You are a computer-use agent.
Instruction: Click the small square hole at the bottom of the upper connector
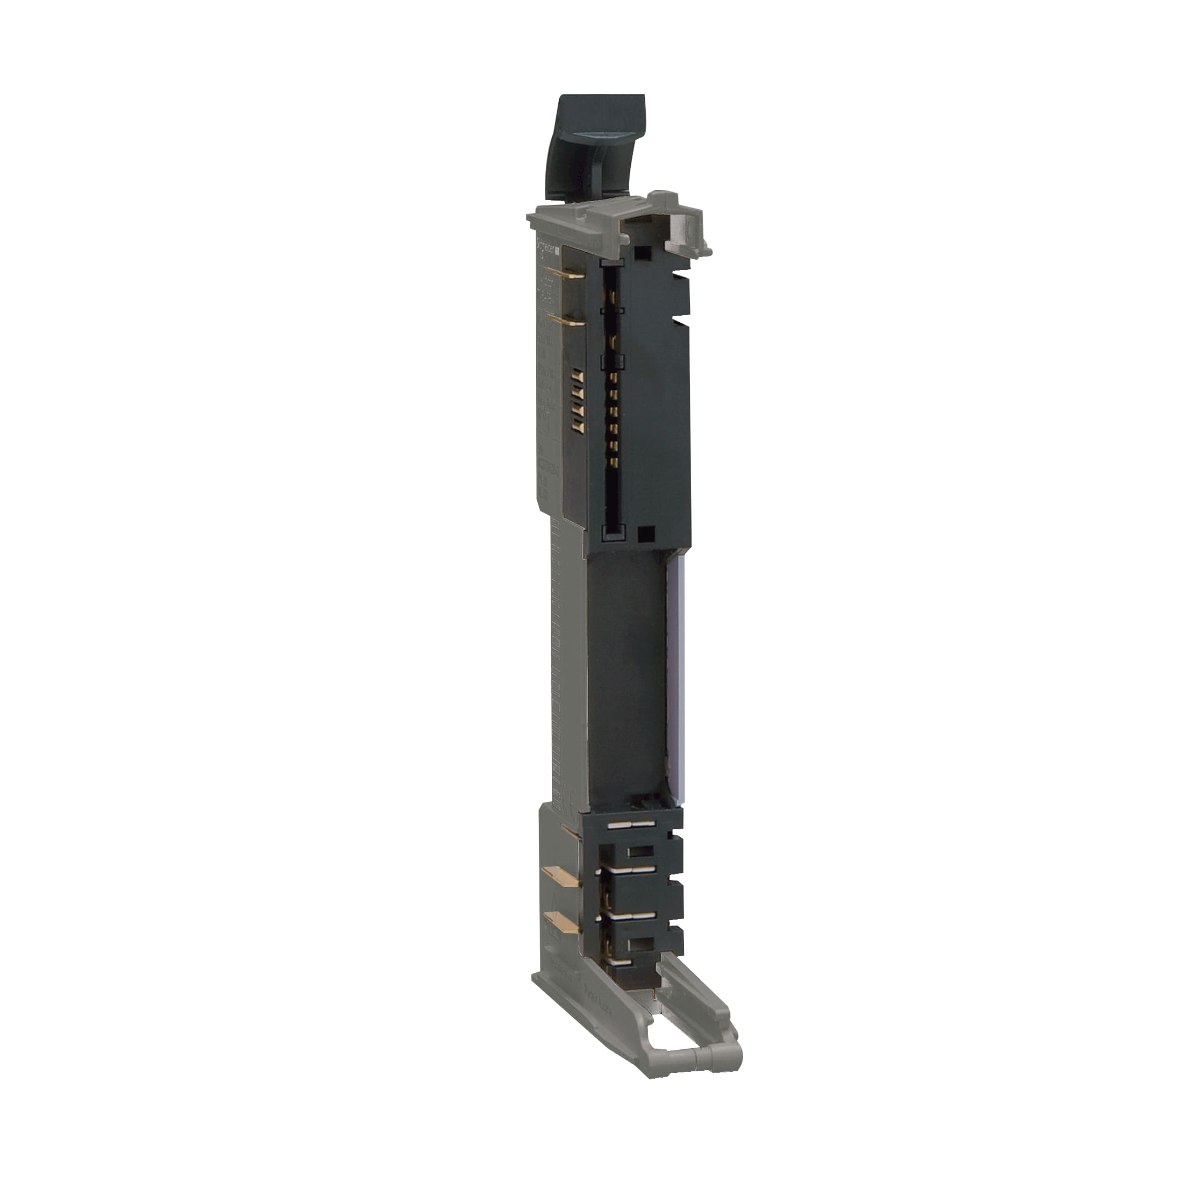click(x=644, y=533)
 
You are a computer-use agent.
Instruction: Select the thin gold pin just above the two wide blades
click(x=570, y=831)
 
